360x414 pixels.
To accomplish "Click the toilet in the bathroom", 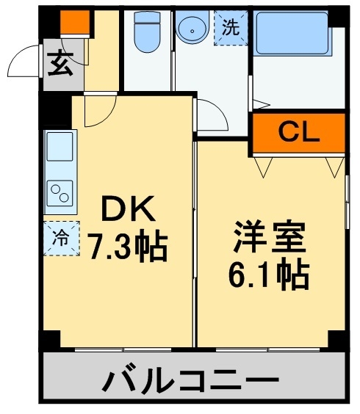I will tap(147, 33).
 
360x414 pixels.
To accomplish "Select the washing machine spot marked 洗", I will tap(231, 29).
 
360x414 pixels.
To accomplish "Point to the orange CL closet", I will tap(298, 133).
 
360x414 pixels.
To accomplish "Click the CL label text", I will tap(298, 133).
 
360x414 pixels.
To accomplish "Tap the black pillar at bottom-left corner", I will tap(50, 340).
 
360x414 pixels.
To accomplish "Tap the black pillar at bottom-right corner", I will tap(337, 340).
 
